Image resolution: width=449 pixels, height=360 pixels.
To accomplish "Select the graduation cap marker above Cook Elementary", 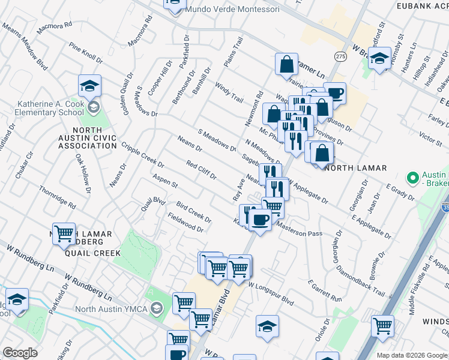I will click(x=89, y=86).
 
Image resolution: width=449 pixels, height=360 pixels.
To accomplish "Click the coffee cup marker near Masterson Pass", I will click(x=260, y=220).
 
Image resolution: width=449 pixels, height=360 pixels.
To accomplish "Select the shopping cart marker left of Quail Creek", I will click(x=64, y=235).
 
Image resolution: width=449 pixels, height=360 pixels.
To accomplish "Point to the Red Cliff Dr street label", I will click(x=201, y=170).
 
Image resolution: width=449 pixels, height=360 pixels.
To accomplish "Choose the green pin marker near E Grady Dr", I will click(x=412, y=178).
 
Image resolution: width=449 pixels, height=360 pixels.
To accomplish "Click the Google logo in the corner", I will click(x=20, y=353).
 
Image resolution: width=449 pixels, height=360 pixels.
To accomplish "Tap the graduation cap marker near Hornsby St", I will click(x=379, y=59).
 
